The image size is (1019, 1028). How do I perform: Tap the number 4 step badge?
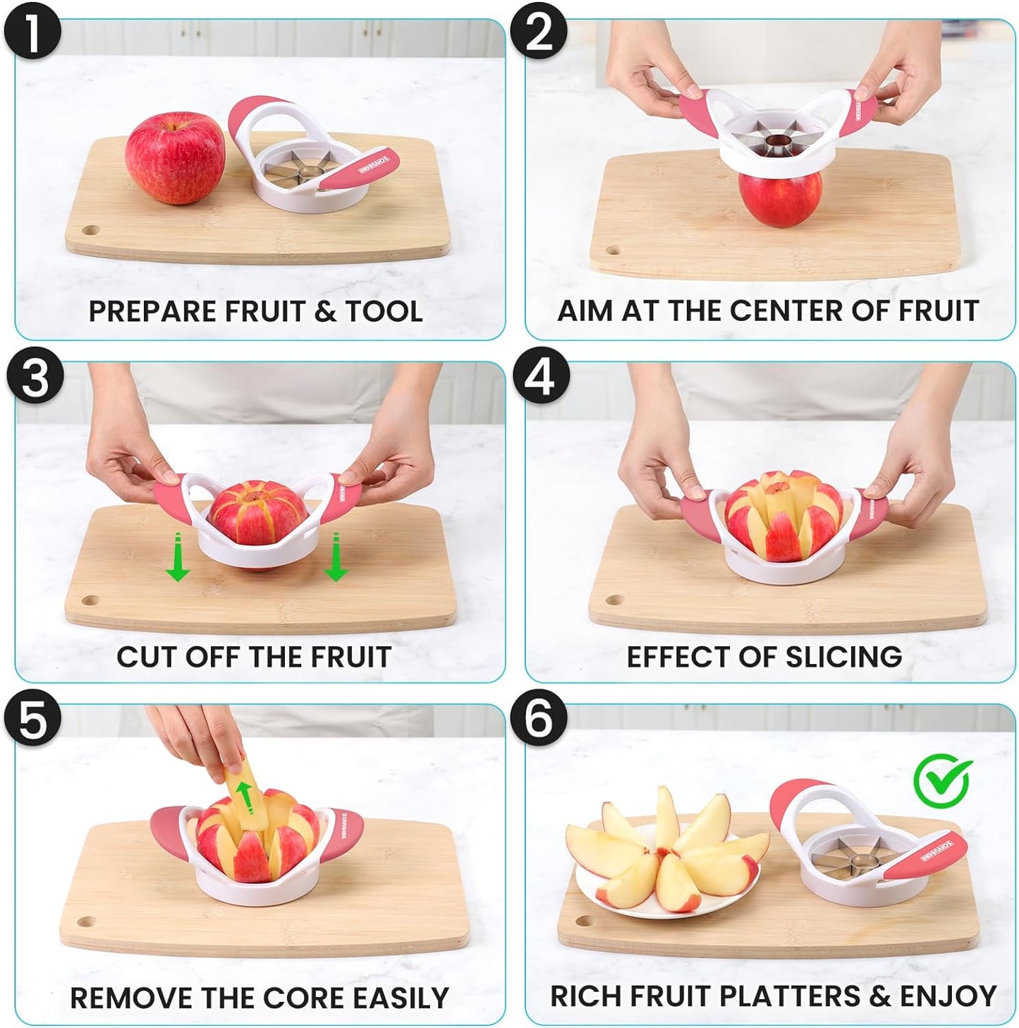540,377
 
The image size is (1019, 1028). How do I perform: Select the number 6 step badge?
539,720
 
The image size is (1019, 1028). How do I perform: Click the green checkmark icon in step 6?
942,781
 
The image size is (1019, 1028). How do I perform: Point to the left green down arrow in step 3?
177,557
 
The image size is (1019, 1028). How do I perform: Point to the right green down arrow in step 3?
336,557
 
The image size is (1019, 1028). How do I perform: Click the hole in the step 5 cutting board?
85,922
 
